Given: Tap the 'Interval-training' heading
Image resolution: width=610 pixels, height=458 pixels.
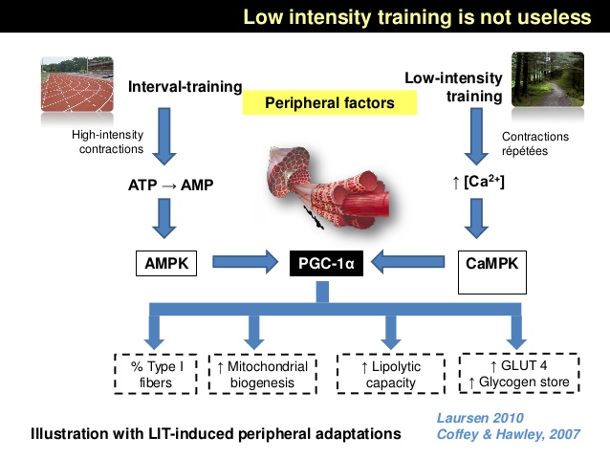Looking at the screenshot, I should (185, 88).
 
